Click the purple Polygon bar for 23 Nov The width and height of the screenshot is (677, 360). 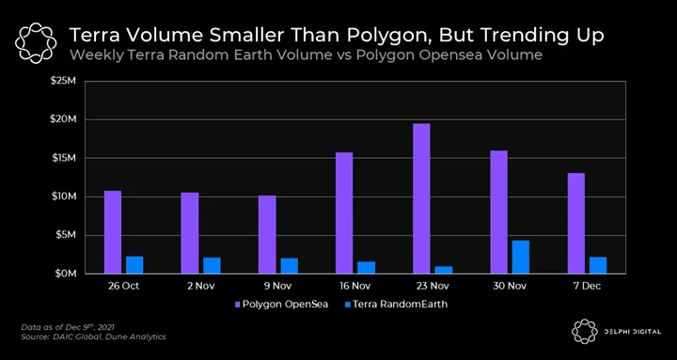pyautogui.click(x=421, y=198)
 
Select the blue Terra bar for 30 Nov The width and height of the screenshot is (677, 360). pyautogui.click(x=521, y=257)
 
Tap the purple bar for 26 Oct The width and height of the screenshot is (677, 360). pyautogui.click(x=113, y=232)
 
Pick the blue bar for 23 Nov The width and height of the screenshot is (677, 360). pyautogui.click(x=444, y=270)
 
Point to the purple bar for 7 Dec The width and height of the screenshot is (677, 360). pyautogui.click(x=576, y=223)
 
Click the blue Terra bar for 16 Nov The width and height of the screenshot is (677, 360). pyautogui.click(x=366, y=268)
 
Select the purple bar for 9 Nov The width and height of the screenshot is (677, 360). pyautogui.click(x=267, y=234)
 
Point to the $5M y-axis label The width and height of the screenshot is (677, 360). pyautogui.click(x=66, y=235)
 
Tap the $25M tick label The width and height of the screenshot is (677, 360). pyautogui.click(x=64, y=81)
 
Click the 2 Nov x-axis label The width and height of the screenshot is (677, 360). pyautogui.click(x=201, y=286)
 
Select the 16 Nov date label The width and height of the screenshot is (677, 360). pyautogui.click(x=355, y=286)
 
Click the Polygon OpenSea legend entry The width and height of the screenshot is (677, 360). pyautogui.click(x=281, y=305)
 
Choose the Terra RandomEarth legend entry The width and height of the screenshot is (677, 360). pyautogui.click(x=396, y=305)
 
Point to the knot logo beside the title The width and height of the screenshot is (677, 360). pyautogui.click(x=36, y=43)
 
